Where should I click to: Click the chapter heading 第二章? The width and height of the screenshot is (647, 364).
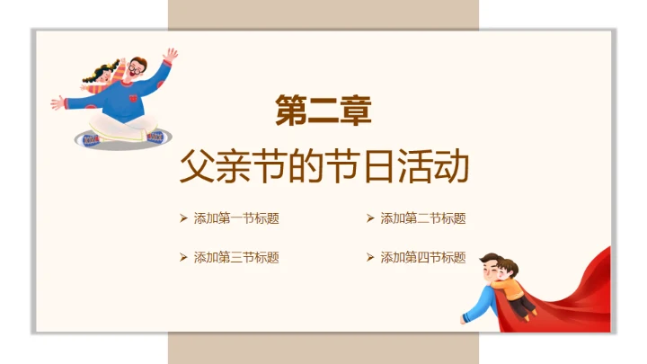click(323, 111)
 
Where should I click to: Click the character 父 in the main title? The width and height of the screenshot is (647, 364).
click(196, 167)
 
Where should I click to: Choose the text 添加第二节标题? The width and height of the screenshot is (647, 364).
click(423, 218)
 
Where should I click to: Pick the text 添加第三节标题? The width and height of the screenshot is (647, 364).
click(236, 257)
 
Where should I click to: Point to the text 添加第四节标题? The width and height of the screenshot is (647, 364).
click(423, 257)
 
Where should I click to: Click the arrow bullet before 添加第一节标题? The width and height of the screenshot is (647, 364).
click(183, 218)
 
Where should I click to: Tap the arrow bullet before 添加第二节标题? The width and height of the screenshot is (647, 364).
click(370, 218)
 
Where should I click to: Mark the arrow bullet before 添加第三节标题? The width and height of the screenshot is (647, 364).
click(183, 257)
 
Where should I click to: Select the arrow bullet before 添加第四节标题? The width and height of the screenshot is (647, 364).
click(370, 257)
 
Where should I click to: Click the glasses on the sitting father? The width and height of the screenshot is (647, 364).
click(135, 68)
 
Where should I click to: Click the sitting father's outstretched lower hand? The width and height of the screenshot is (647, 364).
click(58, 102)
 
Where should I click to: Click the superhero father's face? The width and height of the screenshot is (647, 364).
click(488, 270)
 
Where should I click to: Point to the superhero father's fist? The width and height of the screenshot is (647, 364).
click(465, 317)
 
